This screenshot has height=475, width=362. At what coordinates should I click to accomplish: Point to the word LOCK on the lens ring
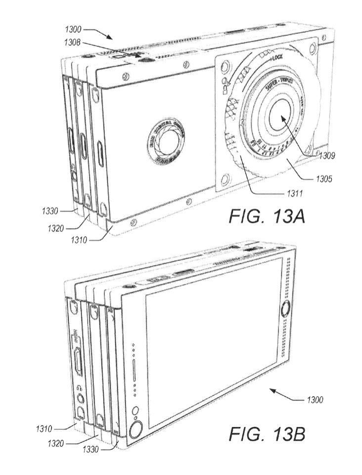[279, 59]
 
